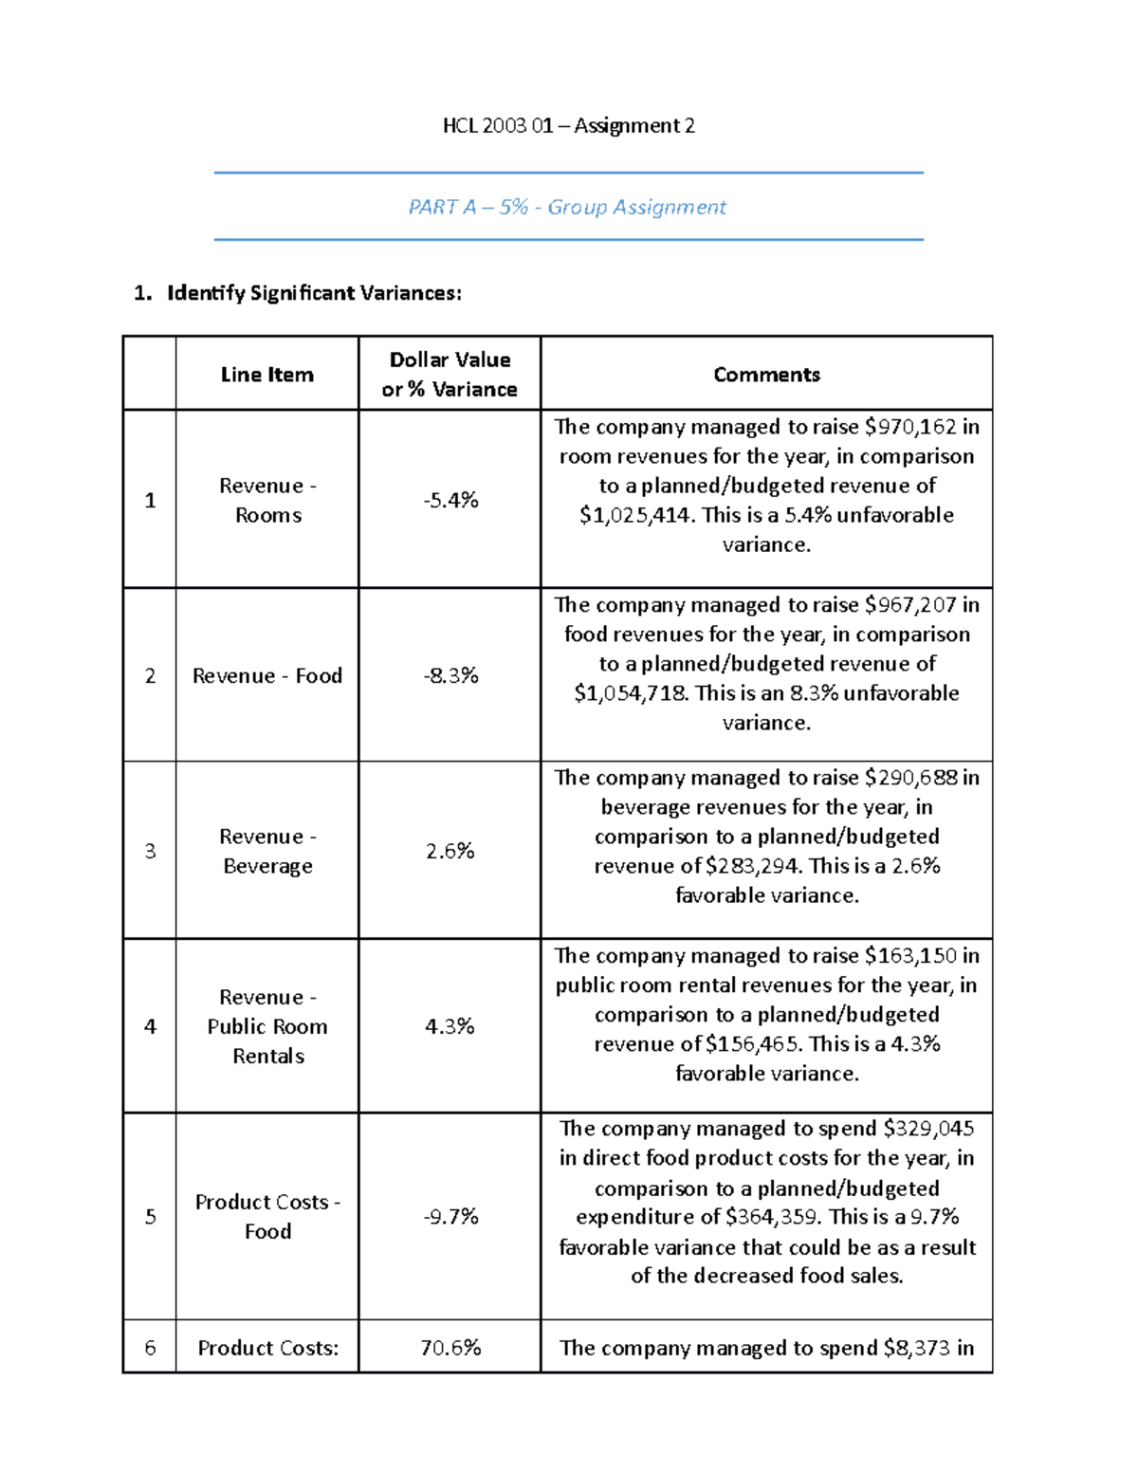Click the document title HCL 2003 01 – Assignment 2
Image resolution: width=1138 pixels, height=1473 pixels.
[568, 125]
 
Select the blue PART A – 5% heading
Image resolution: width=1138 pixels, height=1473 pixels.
[567, 207]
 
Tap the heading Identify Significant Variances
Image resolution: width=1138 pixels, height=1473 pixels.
[314, 293]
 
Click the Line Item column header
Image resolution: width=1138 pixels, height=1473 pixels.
[266, 375]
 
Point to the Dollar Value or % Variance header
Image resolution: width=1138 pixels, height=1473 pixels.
[450, 375]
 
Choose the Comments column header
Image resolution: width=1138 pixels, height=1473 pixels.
[766, 375]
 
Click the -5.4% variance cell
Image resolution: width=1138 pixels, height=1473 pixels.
[450, 500]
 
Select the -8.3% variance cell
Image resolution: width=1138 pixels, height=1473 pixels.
[450, 675]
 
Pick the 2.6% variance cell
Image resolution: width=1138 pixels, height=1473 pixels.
[450, 851]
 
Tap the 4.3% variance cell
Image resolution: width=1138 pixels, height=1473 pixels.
[450, 1026]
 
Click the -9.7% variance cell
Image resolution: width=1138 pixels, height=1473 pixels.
[450, 1216]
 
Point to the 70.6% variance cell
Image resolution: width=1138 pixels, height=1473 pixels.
[450, 1348]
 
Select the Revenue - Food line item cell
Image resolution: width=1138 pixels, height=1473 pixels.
[266, 675]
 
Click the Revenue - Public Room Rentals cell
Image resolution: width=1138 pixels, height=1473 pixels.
[267, 1026]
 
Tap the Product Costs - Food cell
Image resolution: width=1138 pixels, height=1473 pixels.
[267, 1216]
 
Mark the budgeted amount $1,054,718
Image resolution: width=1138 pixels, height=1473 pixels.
[631, 693]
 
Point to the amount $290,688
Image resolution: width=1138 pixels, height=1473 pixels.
[910, 778]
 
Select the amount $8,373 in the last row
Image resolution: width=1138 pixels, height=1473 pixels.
[915, 1348]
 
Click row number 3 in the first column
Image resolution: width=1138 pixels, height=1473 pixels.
[150, 851]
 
